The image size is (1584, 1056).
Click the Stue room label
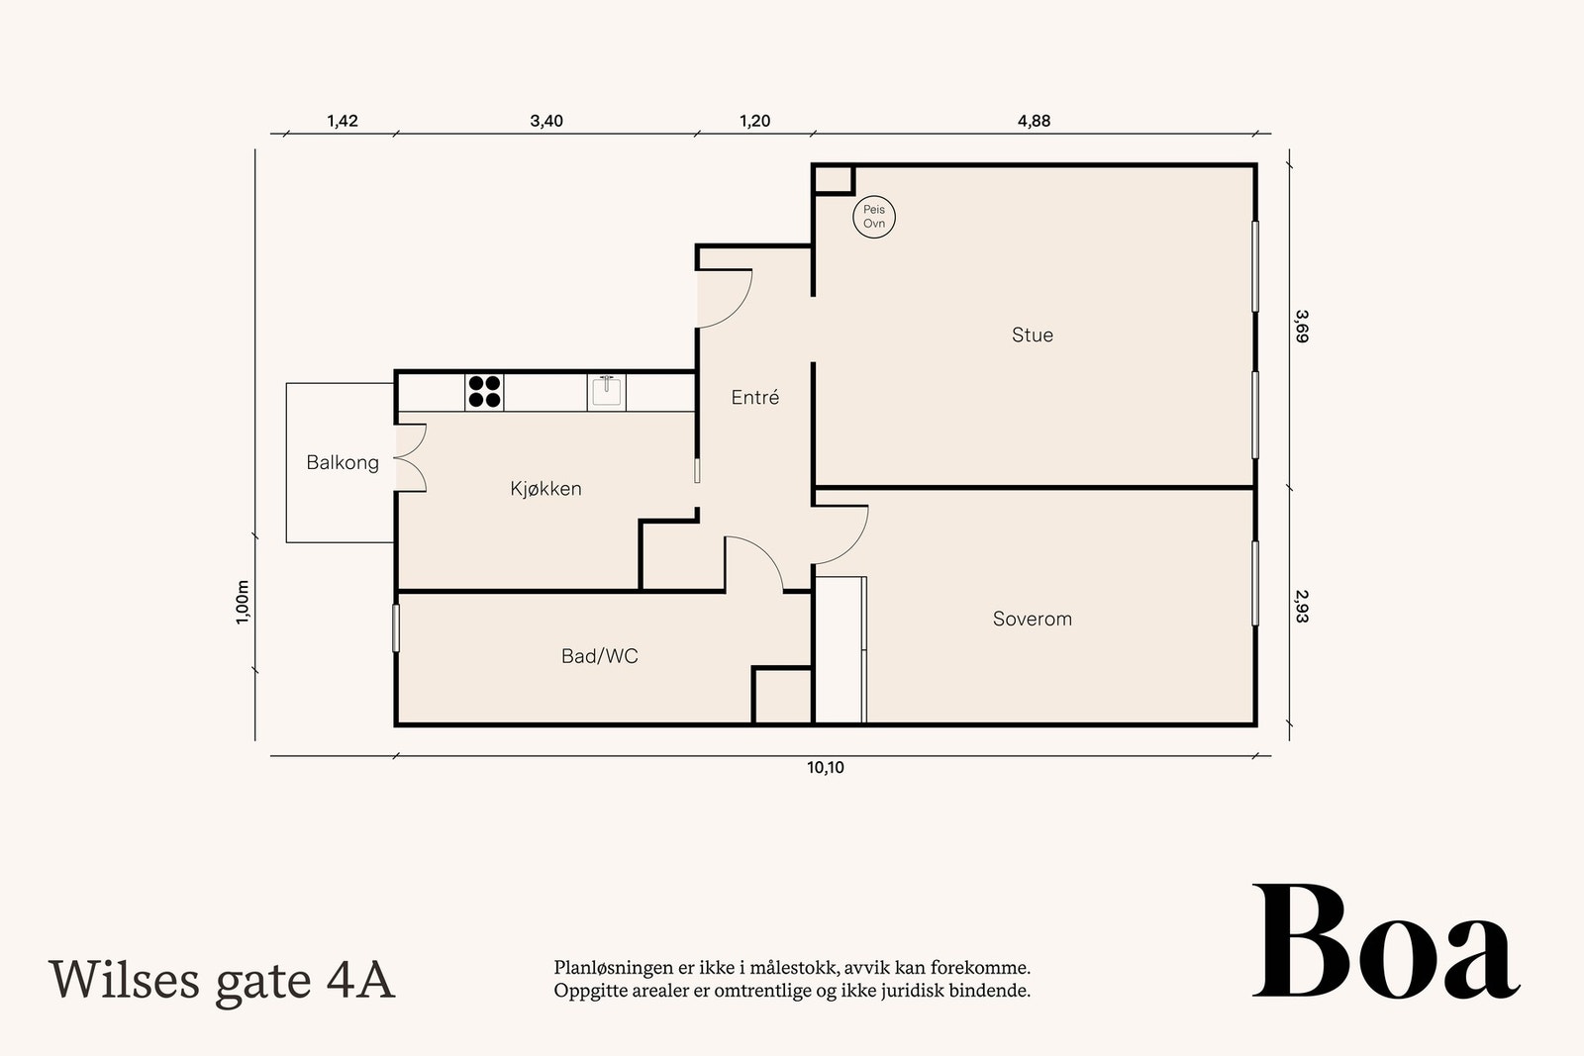pos(1033,336)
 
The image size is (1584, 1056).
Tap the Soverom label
pos(1033,620)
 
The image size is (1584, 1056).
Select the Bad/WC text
pos(600,656)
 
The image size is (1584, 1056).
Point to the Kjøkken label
pos(545,489)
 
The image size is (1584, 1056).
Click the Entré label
pos(755,397)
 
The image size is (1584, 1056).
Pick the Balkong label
pos(343,463)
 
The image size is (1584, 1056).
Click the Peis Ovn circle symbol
pos(874,217)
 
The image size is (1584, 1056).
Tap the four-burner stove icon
pos(484,392)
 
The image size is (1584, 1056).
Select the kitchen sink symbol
pos(606,392)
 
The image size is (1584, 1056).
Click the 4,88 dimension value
pos(1034,121)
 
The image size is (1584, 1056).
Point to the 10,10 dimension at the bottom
pos(826,768)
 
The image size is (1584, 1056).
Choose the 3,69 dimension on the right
pos(1302,326)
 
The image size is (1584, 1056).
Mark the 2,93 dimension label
pos(1302,607)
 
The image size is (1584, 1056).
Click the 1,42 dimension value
pos(343,121)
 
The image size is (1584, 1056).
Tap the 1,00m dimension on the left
pos(242,602)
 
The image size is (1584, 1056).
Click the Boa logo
pos(1386,941)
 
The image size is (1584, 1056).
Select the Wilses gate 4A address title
pos(222,981)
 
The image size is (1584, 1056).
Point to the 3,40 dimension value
pos(546,121)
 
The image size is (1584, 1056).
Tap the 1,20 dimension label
pos(754,121)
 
